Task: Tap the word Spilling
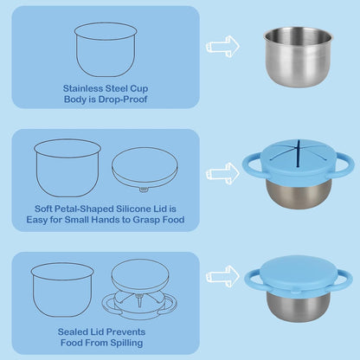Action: pyautogui.click(x=126, y=343)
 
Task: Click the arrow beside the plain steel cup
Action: pyautogui.click(x=222, y=46)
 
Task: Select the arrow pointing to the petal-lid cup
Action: pyautogui.click(x=222, y=173)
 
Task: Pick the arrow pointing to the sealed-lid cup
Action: pyautogui.click(x=222, y=276)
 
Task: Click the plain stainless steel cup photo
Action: pyautogui.click(x=299, y=56)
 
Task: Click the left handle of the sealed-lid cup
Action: pyautogui.click(x=252, y=277)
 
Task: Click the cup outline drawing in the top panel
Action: pyautogui.click(x=106, y=49)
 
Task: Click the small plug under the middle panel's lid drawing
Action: pyautogui.click(x=144, y=190)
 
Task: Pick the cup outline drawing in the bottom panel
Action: pyautogui.click(x=62, y=290)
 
